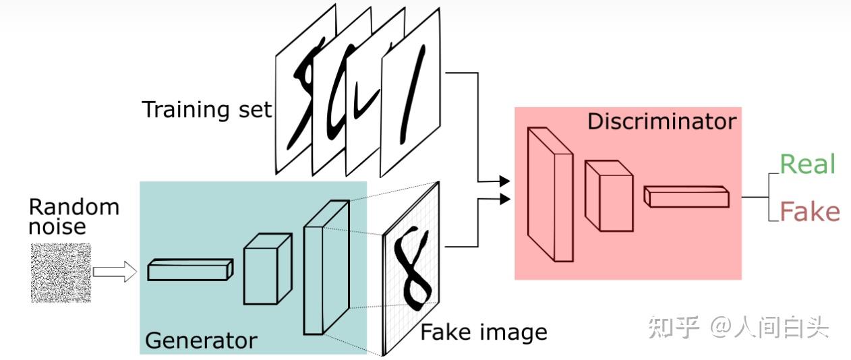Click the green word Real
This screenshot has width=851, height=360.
[807, 164]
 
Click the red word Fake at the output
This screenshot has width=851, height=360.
[809, 212]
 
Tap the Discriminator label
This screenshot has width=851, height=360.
[662, 122]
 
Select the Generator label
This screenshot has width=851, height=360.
[201, 340]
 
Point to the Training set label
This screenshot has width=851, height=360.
[207, 109]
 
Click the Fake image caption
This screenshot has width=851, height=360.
[483, 332]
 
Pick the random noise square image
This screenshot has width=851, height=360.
[61, 272]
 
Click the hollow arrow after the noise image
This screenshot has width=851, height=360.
[114, 272]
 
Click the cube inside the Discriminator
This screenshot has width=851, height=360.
[608, 196]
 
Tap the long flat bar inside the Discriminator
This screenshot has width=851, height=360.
[686, 196]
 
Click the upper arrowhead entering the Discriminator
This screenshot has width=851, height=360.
[504, 181]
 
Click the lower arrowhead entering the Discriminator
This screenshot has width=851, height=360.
[504, 198]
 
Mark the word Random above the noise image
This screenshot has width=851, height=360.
[74, 206]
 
